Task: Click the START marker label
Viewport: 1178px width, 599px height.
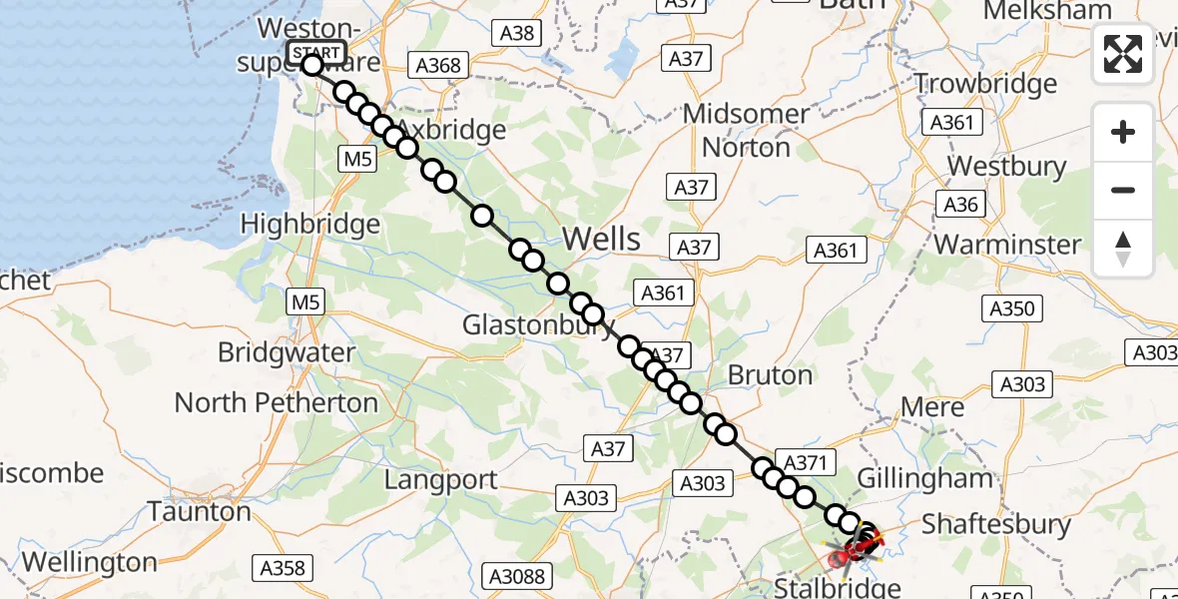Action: point(316,52)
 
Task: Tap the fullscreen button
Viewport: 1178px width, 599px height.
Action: point(1123,55)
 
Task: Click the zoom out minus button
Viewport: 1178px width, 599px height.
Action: point(1123,190)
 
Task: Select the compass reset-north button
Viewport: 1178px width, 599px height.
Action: point(1123,249)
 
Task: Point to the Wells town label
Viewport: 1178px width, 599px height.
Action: point(601,239)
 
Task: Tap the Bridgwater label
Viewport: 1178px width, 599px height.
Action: point(286,352)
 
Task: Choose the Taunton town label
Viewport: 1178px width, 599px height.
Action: point(200,512)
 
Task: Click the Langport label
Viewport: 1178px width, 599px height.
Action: point(441,480)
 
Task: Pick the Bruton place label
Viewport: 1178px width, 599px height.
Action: point(770,375)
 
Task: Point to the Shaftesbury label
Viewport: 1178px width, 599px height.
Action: point(995,524)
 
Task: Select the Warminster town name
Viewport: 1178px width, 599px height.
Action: point(1007,245)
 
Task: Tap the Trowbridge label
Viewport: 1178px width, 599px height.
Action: point(985,84)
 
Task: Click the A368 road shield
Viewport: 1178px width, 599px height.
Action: point(439,66)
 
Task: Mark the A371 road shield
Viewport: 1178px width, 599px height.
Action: point(807,462)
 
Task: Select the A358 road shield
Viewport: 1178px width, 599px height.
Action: point(282,568)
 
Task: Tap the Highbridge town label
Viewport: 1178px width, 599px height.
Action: point(310,225)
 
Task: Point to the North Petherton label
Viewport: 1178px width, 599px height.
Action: point(277,402)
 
